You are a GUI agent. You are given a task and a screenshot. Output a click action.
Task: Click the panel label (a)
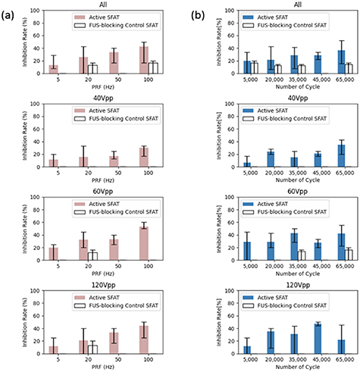pyautogui.click(x=7, y=16)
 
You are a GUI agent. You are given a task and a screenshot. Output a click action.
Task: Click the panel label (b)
pyautogui.click(x=198, y=16)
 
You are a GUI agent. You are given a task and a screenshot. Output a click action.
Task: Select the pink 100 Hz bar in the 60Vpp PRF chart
pyautogui.click(x=144, y=243)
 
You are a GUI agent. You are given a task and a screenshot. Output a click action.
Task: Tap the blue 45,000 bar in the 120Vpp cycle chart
pyautogui.click(x=318, y=339)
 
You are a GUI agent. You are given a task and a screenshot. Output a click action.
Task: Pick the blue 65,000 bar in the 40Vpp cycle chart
pyautogui.click(x=341, y=156)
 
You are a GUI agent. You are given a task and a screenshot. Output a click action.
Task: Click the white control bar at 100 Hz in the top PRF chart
pyautogui.click(x=153, y=68)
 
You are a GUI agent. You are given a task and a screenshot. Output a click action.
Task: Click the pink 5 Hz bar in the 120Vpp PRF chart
pyautogui.click(x=54, y=350)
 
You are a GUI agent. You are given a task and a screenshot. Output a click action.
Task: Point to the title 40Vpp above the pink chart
pyautogui.click(x=103, y=98)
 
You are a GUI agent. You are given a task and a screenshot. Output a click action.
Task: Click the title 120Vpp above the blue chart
pyautogui.click(x=298, y=285)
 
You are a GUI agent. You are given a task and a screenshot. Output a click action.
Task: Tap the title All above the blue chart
pyautogui.click(x=298, y=5)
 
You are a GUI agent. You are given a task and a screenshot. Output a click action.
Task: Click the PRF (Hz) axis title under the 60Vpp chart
pyautogui.click(x=103, y=274)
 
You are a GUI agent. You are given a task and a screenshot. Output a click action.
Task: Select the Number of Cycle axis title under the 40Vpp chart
pyautogui.click(x=298, y=180)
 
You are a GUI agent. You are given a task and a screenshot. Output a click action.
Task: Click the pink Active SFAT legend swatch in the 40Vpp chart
pyautogui.click(x=80, y=111)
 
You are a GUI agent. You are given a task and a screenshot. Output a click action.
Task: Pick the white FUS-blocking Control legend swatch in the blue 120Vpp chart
pyautogui.click(x=248, y=305)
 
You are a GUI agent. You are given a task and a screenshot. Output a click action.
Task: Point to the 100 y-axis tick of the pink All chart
pyautogui.click(x=35, y=11)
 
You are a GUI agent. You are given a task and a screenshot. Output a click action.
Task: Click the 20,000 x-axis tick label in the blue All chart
pyautogui.click(x=274, y=80)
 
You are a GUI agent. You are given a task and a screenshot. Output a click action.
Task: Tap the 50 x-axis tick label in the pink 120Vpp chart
pyautogui.click(x=118, y=359)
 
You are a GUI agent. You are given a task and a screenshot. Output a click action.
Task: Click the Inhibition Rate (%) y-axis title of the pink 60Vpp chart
pyautogui.click(x=25, y=229)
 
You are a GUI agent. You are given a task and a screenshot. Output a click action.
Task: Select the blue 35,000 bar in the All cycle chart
pyautogui.click(x=294, y=64)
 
